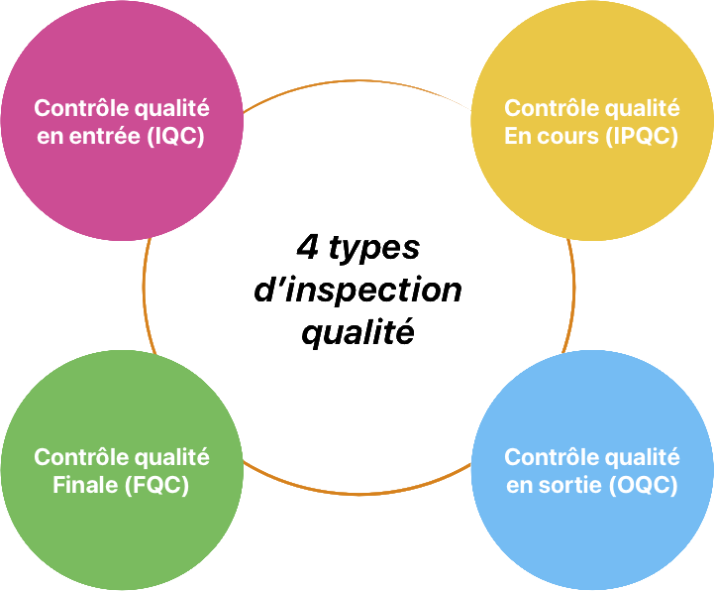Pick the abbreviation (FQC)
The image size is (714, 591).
pos(156,486)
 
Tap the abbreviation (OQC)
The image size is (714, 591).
pos(645,486)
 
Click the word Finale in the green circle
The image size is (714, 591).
pos(85,486)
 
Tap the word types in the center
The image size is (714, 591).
pos(373,250)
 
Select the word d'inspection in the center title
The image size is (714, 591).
pos(357,291)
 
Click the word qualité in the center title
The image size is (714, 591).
pos(357,334)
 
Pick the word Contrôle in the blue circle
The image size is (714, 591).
pos(548,457)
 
